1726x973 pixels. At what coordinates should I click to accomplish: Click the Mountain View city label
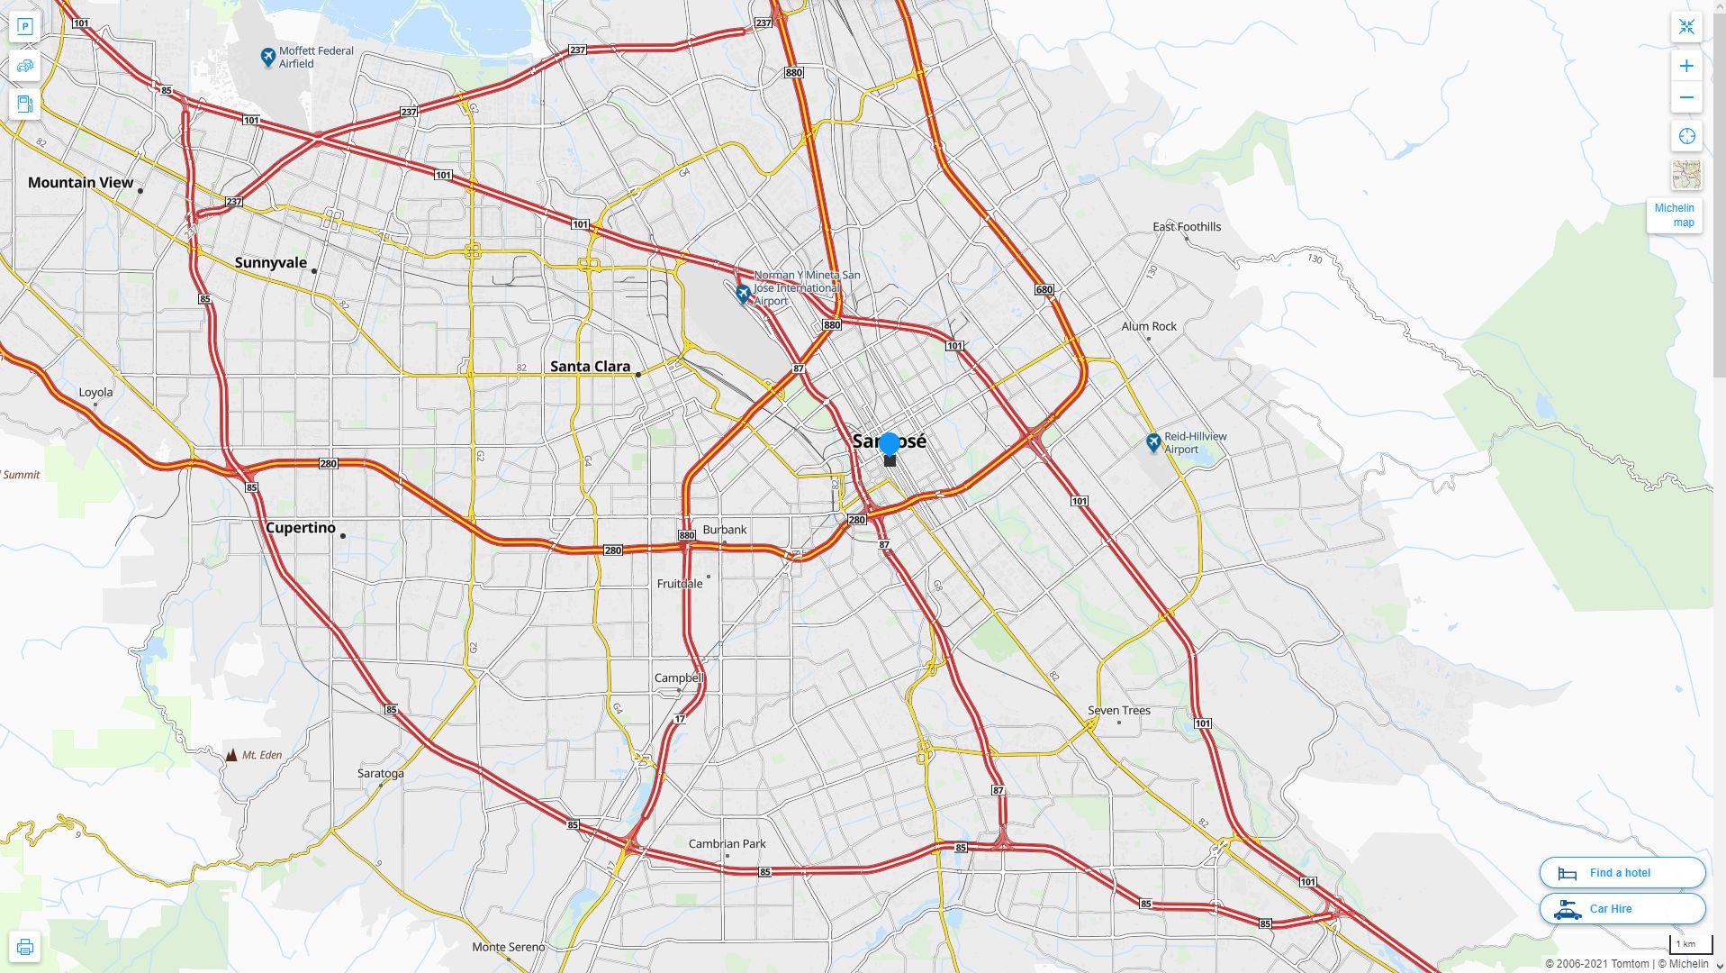(x=80, y=183)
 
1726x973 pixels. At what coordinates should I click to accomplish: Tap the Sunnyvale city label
(x=271, y=263)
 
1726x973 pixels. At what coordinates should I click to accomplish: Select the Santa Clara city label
(x=590, y=367)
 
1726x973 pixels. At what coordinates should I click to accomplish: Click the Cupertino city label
(x=300, y=528)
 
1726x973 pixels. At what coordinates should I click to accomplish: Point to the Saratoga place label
(x=380, y=774)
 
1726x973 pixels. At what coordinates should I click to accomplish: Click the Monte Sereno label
(x=509, y=947)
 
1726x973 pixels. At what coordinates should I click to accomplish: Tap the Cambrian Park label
(x=727, y=844)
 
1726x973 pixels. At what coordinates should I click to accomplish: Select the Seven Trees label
(x=1118, y=711)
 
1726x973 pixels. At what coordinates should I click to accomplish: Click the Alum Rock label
(x=1148, y=327)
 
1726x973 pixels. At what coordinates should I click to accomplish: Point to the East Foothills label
(x=1187, y=227)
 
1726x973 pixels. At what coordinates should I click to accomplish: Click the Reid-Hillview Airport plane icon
(x=1153, y=442)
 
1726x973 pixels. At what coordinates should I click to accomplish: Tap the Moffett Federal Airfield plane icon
(x=267, y=58)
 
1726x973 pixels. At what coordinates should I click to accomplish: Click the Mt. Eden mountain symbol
(x=231, y=755)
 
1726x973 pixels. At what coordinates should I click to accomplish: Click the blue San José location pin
(x=890, y=444)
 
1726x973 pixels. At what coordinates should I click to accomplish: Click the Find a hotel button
(x=1622, y=873)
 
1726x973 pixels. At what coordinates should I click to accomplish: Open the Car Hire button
(x=1622, y=909)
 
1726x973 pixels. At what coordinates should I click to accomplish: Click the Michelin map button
(x=1674, y=215)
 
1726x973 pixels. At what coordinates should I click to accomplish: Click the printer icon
(x=25, y=947)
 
